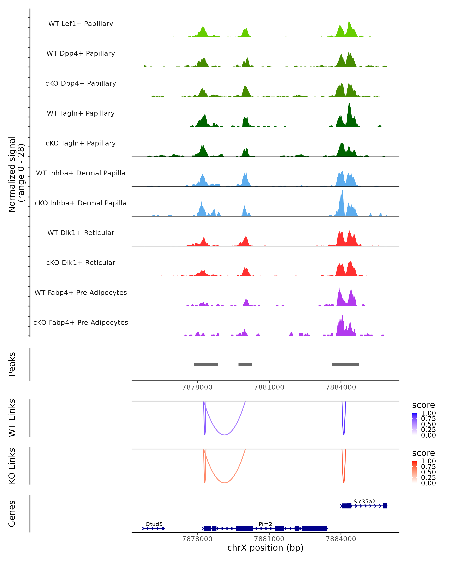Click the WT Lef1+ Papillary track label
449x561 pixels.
(81, 24)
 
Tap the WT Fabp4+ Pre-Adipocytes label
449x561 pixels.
(81, 292)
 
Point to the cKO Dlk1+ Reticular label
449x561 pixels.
(81, 263)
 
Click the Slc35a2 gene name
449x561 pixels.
(364, 501)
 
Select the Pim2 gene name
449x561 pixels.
(265, 524)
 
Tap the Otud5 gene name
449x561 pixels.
(154, 524)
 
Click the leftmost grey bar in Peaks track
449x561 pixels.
(206, 364)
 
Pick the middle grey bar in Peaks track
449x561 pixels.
(245, 364)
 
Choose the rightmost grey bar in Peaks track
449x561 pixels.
(345, 364)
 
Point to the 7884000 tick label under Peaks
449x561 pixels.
(341, 387)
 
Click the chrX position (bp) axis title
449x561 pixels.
(265, 548)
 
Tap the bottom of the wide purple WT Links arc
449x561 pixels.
(224, 435)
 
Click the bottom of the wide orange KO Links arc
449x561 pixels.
(224, 483)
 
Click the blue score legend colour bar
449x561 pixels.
(414, 424)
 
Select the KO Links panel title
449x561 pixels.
(12, 466)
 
